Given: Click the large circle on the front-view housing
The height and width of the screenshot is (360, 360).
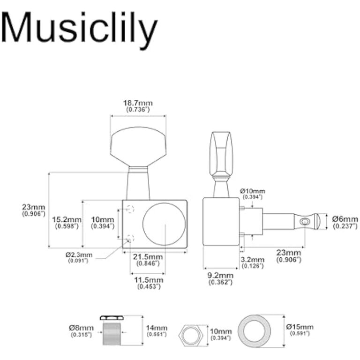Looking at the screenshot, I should click(164, 224).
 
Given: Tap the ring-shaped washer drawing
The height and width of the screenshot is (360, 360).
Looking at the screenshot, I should click(256, 331).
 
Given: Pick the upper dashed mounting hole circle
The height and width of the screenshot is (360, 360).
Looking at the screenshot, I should click(130, 210).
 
